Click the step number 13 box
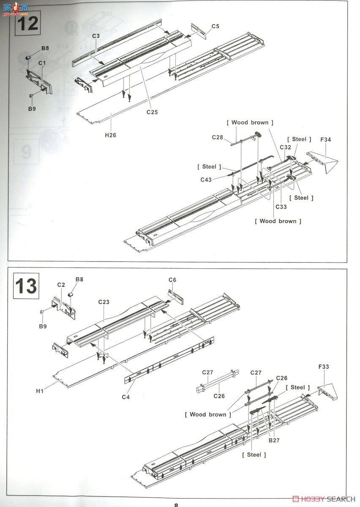[26, 286]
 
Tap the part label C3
[96, 36]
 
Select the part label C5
[215, 26]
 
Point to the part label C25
[152, 112]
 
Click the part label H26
[111, 135]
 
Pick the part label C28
[217, 137]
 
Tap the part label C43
[206, 180]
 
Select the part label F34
[326, 139]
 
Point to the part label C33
[281, 207]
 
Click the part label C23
[104, 302]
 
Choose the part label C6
[172, 280]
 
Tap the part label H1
[40, 391]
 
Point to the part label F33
[323, 367]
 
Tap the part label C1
[42, 63]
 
